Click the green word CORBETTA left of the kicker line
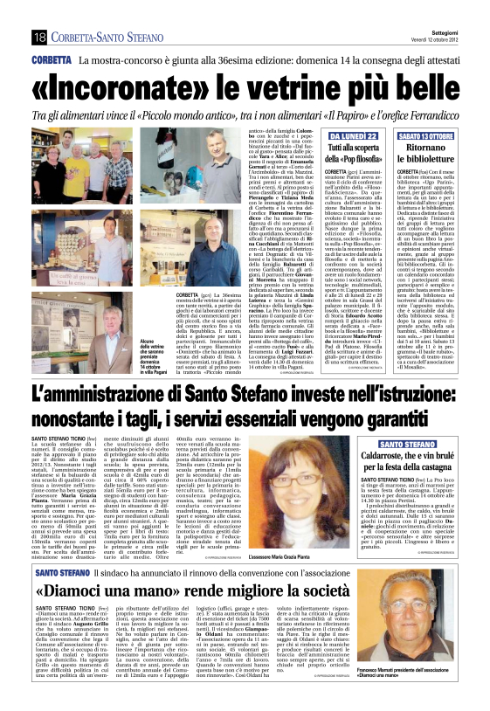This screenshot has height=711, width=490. [52, 61]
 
